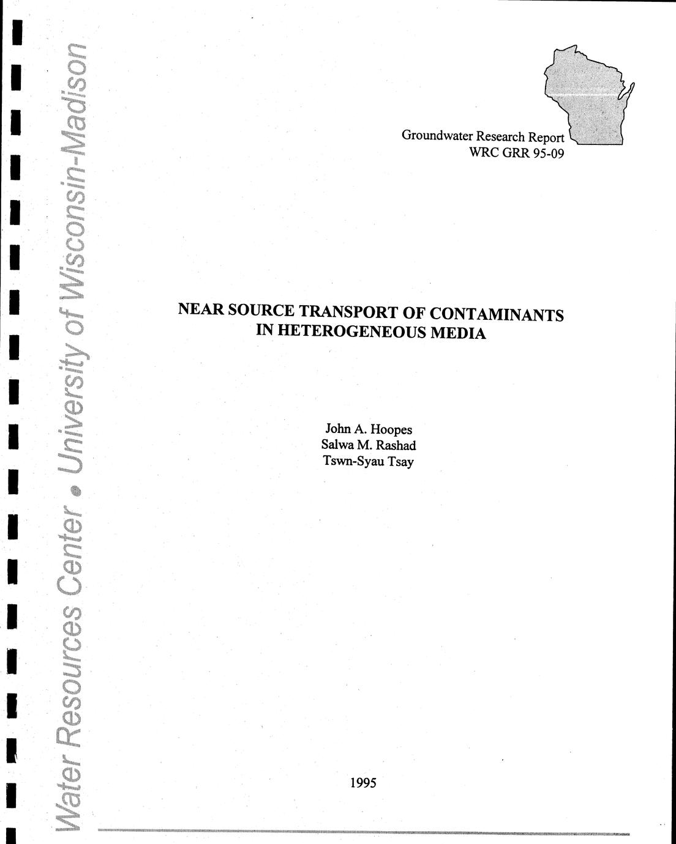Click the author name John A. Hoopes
pyautogui.click(x=368, y=429)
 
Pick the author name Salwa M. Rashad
pyautogui.click(x=368, y=445)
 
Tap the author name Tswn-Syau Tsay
pyautogui.click(x=368, y=461)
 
